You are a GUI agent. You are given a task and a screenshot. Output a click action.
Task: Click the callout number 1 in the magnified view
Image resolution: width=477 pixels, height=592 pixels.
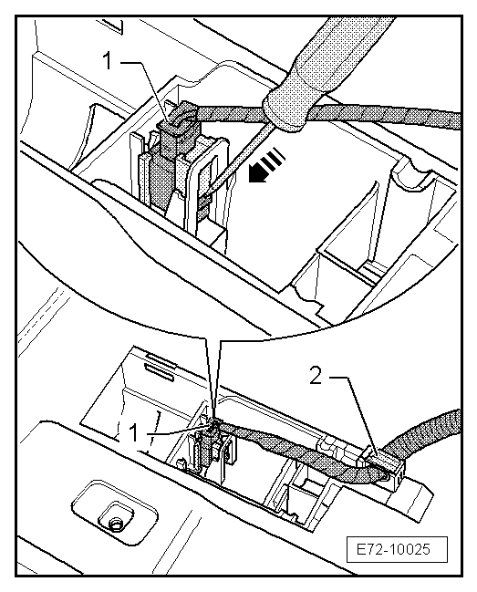(108, 61)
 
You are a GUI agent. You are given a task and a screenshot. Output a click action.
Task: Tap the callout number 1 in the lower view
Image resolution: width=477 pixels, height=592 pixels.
(133, 433)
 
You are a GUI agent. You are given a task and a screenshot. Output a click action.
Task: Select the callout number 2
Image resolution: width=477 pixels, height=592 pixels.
(316, 375)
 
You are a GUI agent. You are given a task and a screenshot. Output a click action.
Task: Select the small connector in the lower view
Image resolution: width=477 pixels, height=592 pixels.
(208, 445)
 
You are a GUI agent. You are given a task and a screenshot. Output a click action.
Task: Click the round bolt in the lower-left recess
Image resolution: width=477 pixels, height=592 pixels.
(114, 523)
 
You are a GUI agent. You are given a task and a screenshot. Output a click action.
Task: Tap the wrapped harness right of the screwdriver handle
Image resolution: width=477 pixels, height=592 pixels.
(389, 115)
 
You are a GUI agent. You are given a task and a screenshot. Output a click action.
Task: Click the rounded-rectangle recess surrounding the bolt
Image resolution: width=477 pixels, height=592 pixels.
(114, 513)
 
